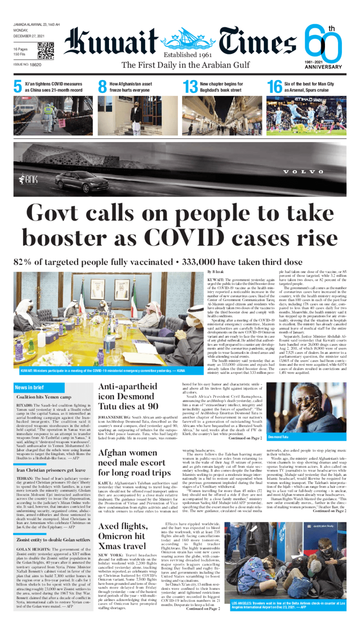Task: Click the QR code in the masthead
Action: pos(45,51)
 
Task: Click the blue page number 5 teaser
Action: pos(18,87)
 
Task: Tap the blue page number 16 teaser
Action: pos(274,87)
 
